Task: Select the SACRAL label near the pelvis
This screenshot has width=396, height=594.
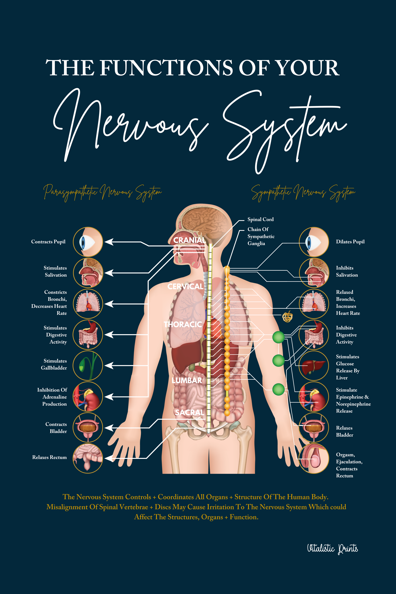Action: point(189,412)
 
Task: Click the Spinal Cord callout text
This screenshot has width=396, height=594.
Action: point(260,220)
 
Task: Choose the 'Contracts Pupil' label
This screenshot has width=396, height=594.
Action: point(48,242)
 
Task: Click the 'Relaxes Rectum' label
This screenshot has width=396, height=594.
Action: point(49,457)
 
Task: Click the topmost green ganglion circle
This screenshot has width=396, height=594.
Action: point(278,337)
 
